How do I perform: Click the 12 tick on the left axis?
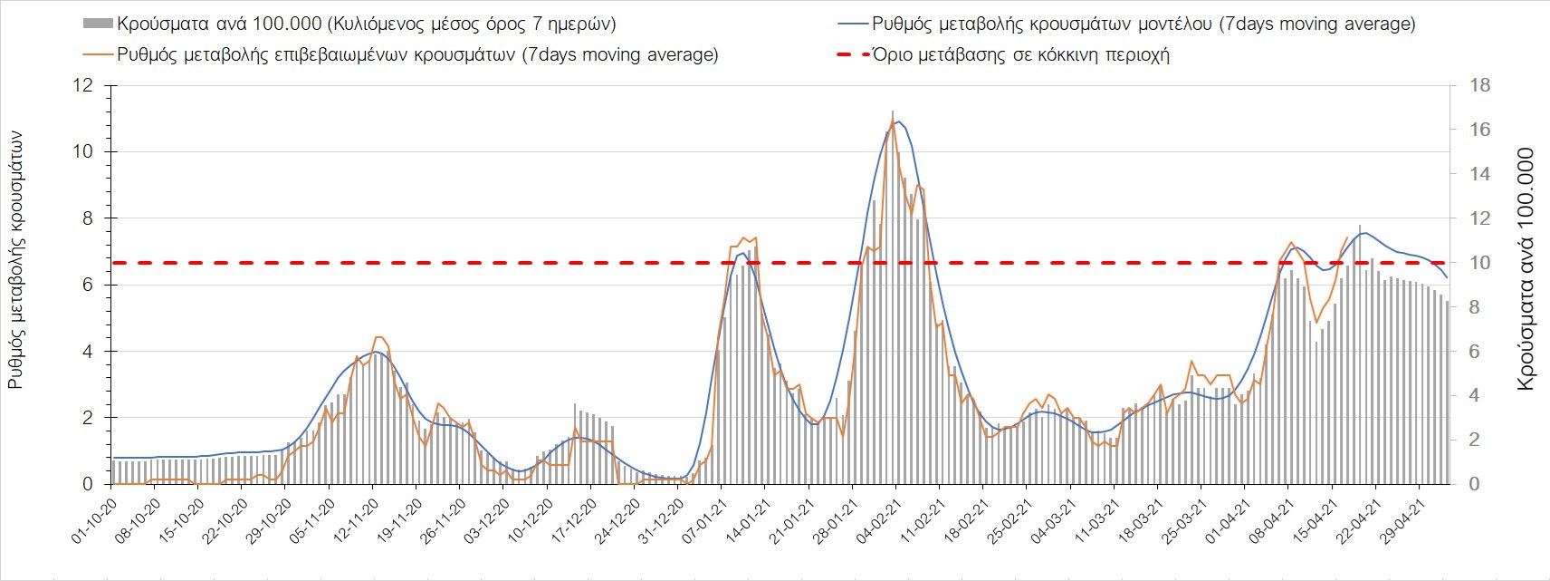(x=84, y=85)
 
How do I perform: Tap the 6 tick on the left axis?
(x=88, y=285)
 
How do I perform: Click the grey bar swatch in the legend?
(x=98, y=24)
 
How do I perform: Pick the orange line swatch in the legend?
(x=98, y=54)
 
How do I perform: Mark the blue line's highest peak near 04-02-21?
(x=897, y=121)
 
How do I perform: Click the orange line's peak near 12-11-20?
(x=378, y=337)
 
